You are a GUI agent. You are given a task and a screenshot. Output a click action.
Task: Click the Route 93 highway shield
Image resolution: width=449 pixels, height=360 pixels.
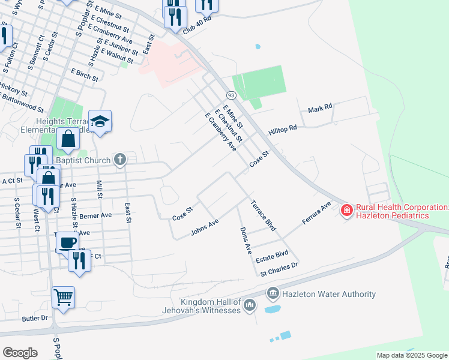pos(231,95)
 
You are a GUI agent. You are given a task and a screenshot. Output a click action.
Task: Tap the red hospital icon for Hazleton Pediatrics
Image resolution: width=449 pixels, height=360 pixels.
pos(346,210)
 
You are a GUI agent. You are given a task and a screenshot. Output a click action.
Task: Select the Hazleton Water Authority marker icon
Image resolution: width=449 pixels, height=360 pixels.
pos(273,293)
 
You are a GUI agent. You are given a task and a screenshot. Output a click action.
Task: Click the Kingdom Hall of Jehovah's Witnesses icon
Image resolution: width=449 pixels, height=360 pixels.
pos(250,306)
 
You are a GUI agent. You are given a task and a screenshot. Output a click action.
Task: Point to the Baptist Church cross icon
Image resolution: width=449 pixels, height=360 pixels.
pos(120,160)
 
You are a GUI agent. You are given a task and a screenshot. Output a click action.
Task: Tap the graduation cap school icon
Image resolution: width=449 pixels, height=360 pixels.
pos(100,120)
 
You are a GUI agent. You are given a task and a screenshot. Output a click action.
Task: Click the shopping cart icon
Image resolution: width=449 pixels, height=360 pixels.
pos(63,296)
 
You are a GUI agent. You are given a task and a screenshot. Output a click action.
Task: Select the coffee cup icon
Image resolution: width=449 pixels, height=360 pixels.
pos(67,242)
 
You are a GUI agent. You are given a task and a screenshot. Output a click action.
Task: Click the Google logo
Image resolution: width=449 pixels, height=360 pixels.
pos(20,352)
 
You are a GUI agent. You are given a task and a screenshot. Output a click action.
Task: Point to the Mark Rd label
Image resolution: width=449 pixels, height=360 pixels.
pos(320,109)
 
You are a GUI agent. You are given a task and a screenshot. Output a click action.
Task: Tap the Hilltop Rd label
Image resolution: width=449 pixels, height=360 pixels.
pos(283,129)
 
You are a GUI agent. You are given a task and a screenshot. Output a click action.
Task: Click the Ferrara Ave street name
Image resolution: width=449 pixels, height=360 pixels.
pos(316,214)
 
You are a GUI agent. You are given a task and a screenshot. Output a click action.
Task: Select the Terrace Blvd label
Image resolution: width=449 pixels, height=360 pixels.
pos(263,215)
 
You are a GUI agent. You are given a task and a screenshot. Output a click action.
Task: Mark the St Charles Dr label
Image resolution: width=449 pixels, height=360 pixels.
pos(279,268)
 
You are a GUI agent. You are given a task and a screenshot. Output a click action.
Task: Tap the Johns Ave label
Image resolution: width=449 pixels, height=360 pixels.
pos(204,227)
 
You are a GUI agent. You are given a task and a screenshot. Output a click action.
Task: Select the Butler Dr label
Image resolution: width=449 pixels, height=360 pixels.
pos(34,318)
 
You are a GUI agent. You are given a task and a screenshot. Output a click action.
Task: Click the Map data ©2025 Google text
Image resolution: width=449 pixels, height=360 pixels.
pos(411,355)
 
